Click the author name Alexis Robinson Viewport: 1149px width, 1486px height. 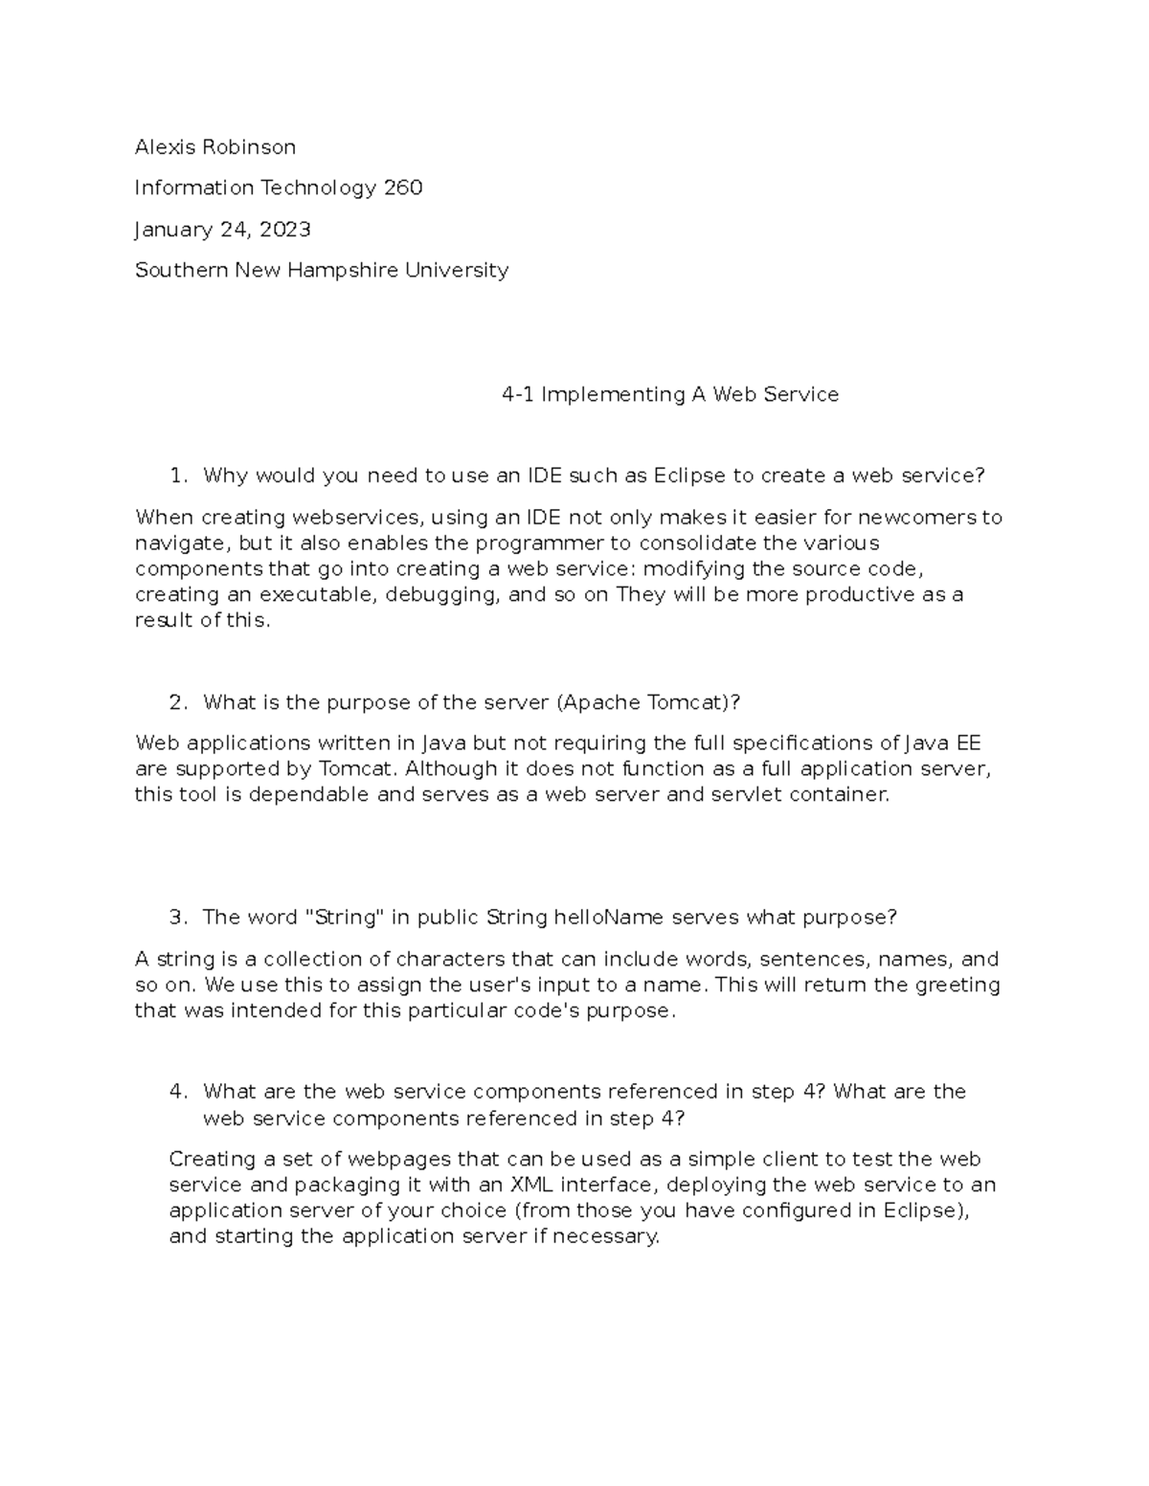tap(214, 146)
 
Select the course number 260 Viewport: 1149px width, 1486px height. tap(403, 188)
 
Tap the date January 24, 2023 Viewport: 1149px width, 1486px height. tap(222, 230)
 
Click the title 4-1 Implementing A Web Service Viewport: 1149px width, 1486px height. tap(669, 394)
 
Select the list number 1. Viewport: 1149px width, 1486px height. tap(175, 476)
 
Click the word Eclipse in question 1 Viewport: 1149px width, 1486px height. tap(690, 476)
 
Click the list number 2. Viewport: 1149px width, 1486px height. tap(176, 702)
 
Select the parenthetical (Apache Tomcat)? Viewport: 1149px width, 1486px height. tap(648, 702)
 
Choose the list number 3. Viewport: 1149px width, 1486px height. tap(176, 918)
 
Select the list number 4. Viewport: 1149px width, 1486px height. tap(176, 1092)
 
